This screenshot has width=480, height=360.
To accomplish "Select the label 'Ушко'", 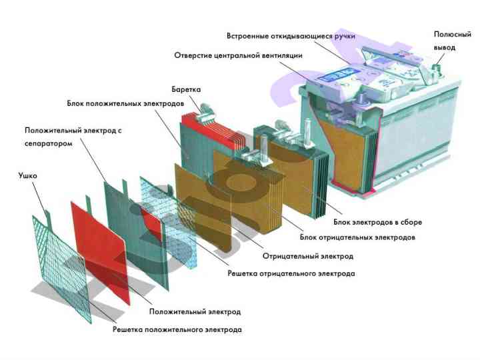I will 29,177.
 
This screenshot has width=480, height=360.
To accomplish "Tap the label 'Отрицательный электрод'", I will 307,255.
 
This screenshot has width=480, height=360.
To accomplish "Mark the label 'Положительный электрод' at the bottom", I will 195,311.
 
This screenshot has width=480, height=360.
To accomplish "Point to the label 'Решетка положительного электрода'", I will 177,329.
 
